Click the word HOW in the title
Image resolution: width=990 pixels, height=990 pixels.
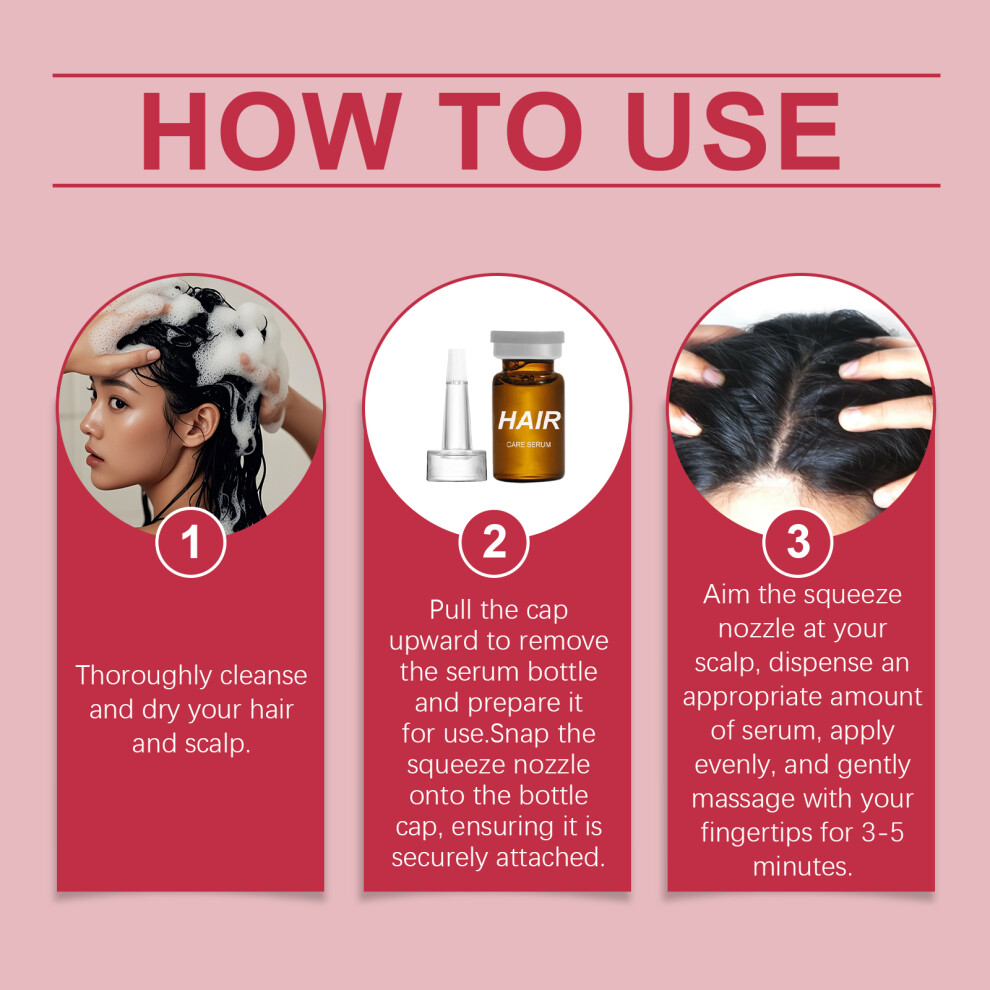click(x=271, y=131)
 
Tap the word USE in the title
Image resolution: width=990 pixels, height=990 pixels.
click(x=733, y=131)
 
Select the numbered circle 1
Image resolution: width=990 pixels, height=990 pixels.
click(x=191, y=542)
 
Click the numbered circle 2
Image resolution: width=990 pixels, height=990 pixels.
click(x=494, y=542)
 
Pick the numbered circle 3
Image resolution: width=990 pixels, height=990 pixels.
click(x=798, y=542)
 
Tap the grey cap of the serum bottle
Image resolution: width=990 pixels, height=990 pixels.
click(x=528, y=345)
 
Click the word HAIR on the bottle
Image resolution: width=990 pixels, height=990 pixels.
click(x=529, y=420)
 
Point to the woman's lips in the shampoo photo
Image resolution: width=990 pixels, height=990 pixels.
click(x=94, y=456)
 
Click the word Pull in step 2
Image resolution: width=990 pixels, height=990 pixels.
click(x=451, y=610)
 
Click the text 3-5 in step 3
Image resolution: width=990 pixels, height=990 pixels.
click(x=883, y=833)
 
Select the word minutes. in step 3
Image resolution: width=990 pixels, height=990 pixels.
click(x=802, y=867)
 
